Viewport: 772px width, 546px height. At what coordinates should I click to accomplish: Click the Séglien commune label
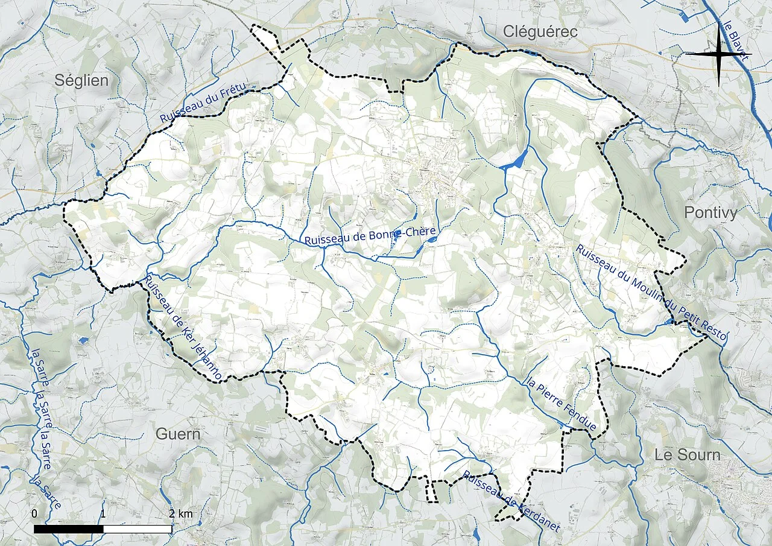(x=81, y=80)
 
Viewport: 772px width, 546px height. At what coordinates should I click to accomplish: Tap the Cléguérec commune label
(x=540, y=31)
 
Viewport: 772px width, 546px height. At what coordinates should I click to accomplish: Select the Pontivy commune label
(x=711, y=212)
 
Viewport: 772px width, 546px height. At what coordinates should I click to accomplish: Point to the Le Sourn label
(x=688, y=455)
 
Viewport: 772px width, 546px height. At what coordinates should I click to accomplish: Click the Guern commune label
(x=178, y=434)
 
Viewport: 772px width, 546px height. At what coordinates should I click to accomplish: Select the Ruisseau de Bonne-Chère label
(x=370, y=235)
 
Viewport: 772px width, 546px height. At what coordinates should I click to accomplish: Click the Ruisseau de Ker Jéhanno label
(x=183, y=328)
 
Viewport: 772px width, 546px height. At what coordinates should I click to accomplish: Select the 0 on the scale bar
(x=34, y=513)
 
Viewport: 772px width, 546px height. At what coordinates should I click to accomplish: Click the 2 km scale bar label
(x=181, y=513)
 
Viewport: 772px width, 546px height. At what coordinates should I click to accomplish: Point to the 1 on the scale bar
(x=103, y=513)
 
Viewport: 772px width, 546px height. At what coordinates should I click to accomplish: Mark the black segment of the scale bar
(x=69, y=529)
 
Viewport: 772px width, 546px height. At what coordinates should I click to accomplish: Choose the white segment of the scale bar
(x=138, y=529)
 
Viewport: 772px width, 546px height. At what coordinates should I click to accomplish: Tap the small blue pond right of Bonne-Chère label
(x=432, y=241)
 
